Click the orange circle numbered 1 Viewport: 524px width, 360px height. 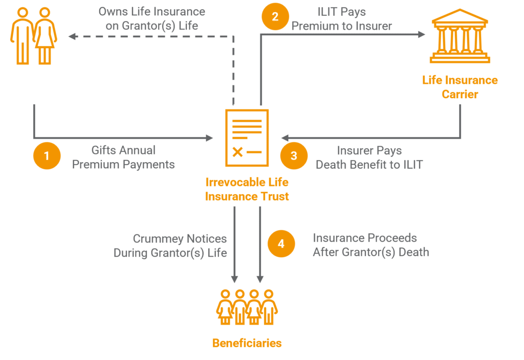47,155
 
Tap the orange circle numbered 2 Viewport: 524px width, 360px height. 275,16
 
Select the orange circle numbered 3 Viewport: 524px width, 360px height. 294,155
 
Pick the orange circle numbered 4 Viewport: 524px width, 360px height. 281,243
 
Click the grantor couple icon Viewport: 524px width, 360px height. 33,36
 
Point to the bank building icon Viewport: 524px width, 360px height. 460,36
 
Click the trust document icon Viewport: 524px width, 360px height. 247,138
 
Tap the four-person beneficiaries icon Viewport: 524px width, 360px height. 247,307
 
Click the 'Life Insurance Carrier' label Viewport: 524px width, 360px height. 460,87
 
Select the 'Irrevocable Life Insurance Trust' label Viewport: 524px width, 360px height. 247,189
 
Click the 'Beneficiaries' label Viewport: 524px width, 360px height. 247,343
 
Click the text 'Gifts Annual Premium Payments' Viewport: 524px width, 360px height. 123,157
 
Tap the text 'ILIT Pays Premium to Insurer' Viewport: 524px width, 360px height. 341,19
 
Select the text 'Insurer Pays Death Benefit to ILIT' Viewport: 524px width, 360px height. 369,157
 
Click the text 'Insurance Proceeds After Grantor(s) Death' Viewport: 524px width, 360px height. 370,245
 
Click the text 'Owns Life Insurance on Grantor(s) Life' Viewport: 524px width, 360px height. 151,18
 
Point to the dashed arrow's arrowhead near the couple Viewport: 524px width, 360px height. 73,36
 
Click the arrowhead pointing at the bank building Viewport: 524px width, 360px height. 421,34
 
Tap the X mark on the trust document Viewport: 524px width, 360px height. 237,152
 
